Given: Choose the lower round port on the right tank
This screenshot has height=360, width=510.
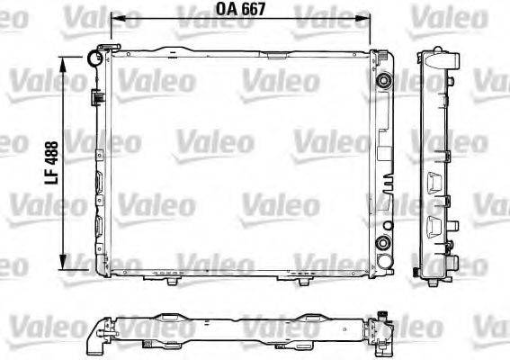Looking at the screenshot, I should (x=385, y=244).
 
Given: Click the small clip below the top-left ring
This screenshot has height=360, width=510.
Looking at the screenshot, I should (x=94, y=94).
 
